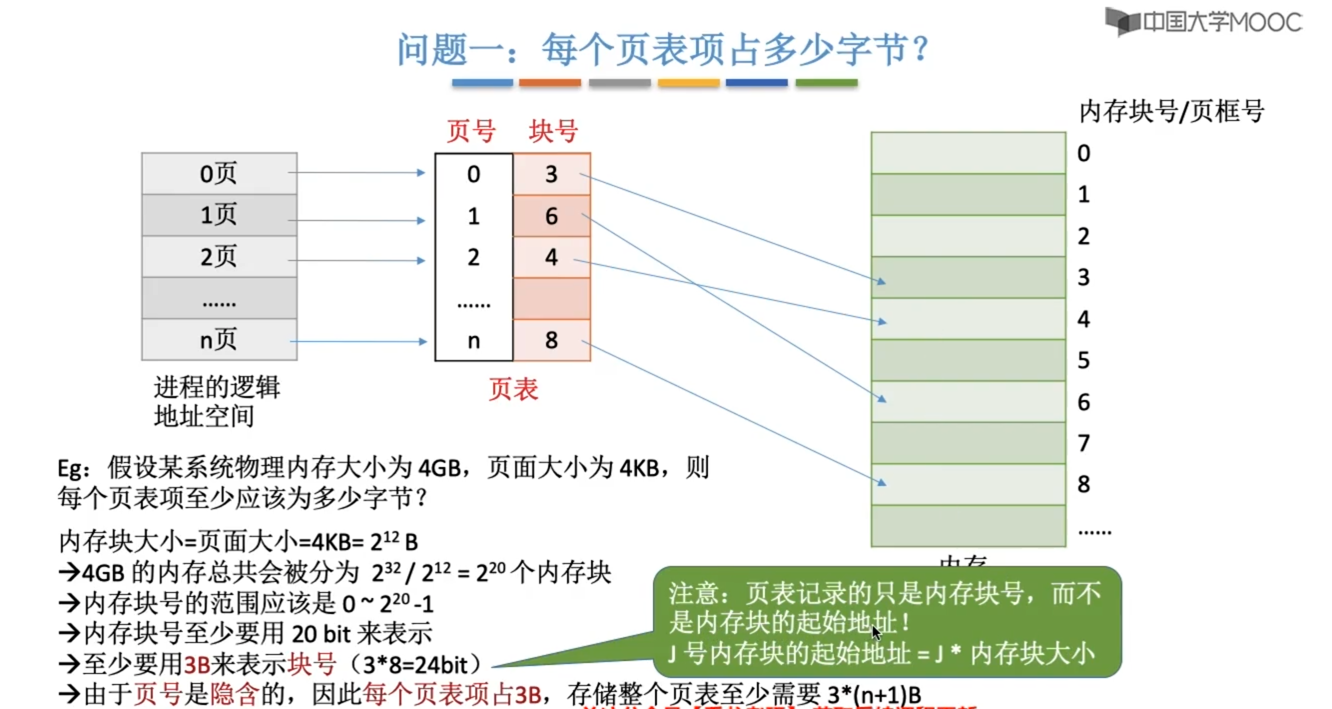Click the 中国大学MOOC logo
coord(1202,22)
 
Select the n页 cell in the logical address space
coord(219,340)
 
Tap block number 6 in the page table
coord(551,216)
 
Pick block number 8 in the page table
coord(551,340)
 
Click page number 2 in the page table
coord(473,257)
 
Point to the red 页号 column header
coord(471,131)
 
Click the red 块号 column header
coord(553,131)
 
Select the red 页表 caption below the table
coord(513,389)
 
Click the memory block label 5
coord(1084,360)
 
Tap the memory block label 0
coord(1084,153)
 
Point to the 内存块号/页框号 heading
coord(1171,111)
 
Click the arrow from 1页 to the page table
coord(357,221)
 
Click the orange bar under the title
coord(549,82)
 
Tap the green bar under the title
coord(826,82)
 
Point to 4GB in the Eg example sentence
coord(439,468)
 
